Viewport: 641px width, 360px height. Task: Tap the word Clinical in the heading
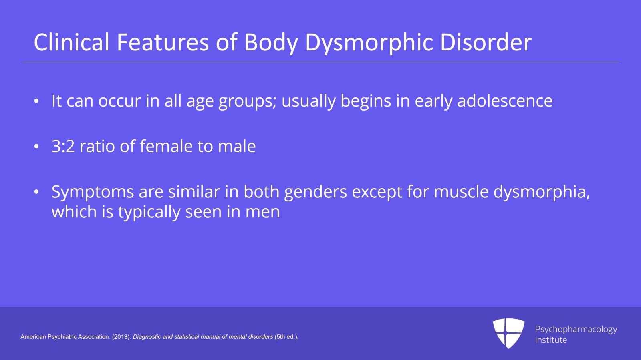click(71, 42)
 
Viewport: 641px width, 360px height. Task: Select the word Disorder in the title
click(486, 42)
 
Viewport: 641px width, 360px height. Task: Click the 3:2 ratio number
click(63, 146)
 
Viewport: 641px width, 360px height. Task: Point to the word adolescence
click(504, 101)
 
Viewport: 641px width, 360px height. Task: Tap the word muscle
click(461, 192)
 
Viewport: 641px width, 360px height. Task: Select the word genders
click(315, 192)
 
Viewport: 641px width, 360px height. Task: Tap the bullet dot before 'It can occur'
click(36, 101)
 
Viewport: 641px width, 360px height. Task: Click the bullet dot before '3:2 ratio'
click(36, 147)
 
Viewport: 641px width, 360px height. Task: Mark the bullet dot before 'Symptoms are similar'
click(36, 192)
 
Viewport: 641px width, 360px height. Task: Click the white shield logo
click(508, 332)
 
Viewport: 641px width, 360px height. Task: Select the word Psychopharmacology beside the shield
click(576, 329)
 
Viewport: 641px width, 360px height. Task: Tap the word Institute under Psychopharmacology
click(551, 340)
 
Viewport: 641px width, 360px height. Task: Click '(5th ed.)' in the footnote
click(286, 337)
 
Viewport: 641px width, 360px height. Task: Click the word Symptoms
click(93, 192)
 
